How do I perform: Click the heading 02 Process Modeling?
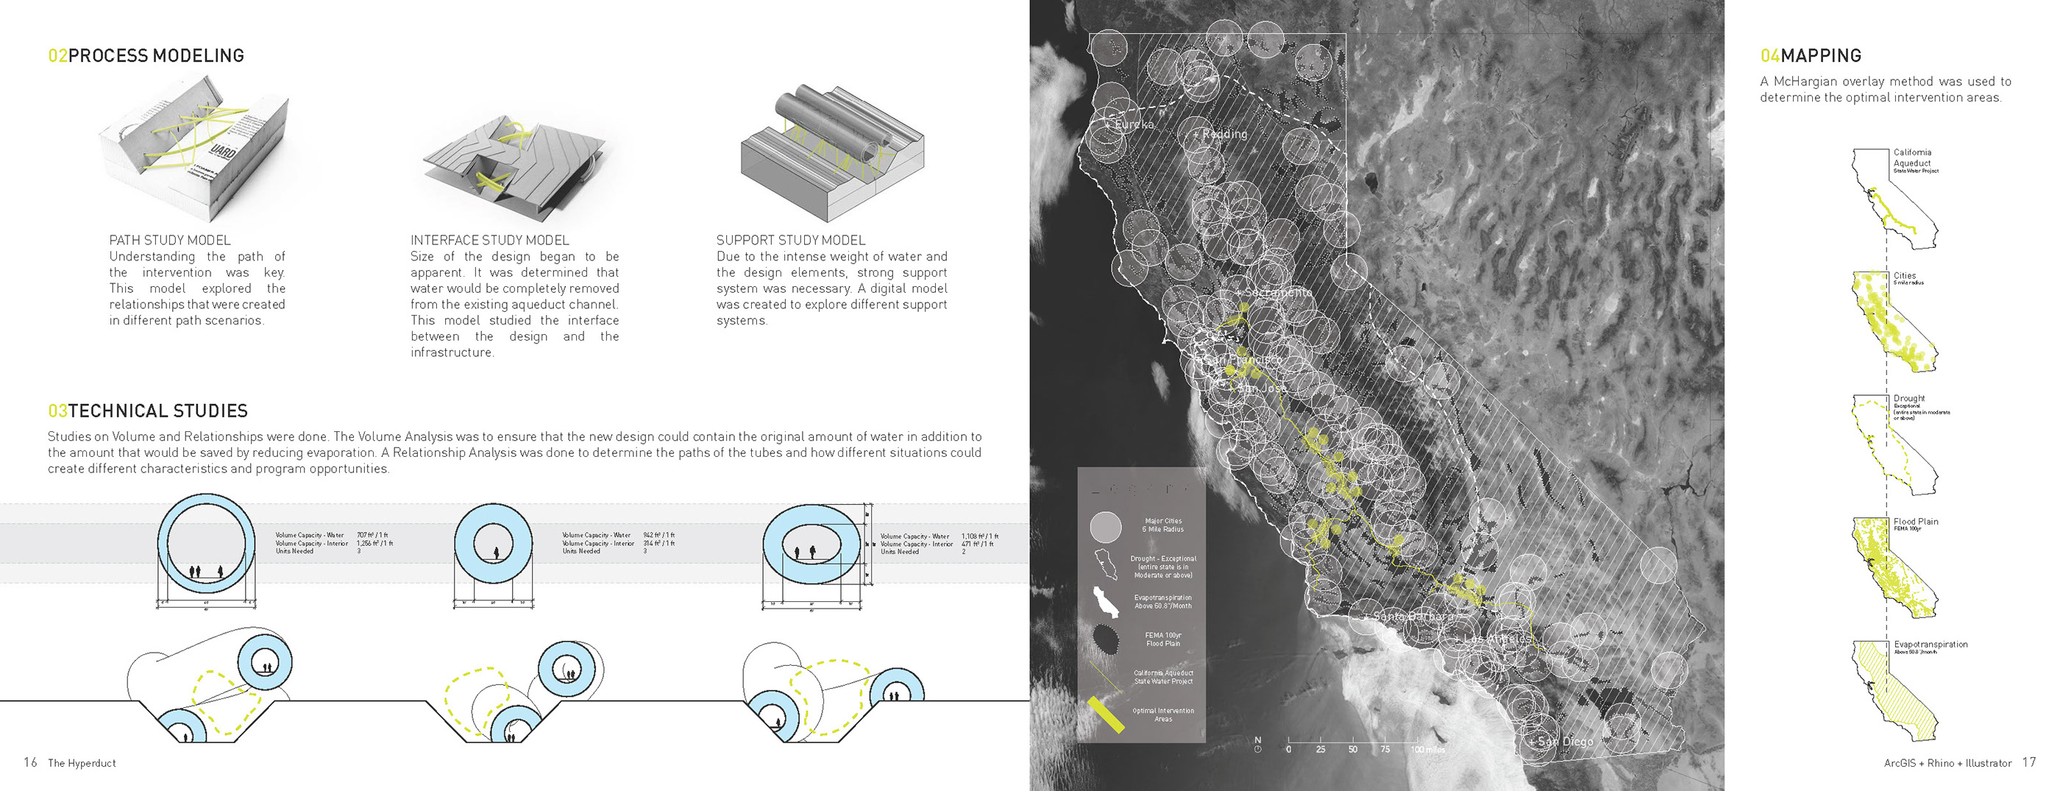[x=146, y=56]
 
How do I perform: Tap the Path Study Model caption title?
[x=169, y=240]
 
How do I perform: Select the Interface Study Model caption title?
[x=489, y=240]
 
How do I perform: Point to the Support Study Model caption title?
[x=790, y=240]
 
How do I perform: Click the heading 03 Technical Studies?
[x=148, y=411]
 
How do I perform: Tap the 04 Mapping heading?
[x=1811, y=56]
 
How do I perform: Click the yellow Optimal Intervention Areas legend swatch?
[x=1106, y=714]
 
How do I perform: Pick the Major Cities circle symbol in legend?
[x=1106, y=526]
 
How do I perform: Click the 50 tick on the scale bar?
[x=1352, y=749]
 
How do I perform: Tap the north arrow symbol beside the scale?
[x=1258, y=745]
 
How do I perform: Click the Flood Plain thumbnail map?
[x=1892, y=568]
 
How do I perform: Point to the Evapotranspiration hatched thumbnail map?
[x=1892, y=691]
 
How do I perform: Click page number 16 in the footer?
[x=30, y=762]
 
